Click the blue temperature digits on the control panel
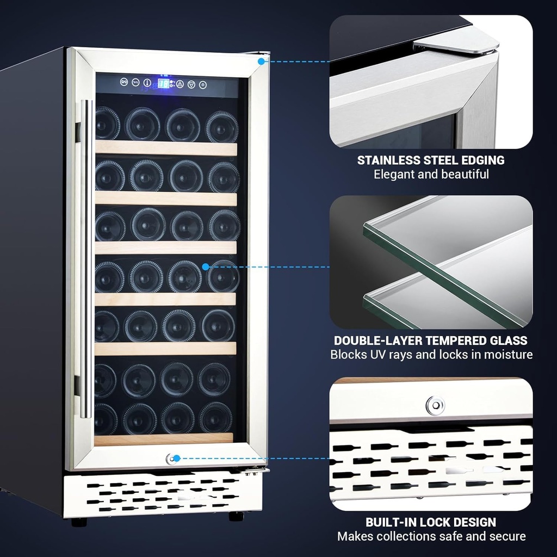162,84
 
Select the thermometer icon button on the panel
147,83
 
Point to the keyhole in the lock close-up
435,405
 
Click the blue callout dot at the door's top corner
262,61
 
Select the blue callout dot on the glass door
206,267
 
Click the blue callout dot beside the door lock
177,459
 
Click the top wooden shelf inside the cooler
166,148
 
